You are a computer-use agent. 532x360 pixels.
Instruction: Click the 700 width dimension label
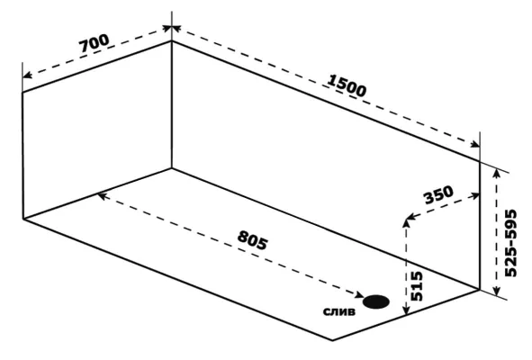(95, 43)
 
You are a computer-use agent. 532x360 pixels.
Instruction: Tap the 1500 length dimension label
(347, 85)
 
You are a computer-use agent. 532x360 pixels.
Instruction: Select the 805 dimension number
(253, 240)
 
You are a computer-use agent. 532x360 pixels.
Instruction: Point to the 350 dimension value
(438, 194)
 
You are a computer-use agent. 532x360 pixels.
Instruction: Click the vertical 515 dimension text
(417, 286)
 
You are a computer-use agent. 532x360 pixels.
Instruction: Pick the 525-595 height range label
(510, 243)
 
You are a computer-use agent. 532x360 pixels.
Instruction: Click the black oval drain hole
(376, 301)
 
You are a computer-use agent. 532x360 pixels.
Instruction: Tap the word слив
(339, 311)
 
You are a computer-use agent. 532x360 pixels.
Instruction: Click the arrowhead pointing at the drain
(359, 295)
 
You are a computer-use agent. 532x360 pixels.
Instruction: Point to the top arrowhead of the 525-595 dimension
(497, 173)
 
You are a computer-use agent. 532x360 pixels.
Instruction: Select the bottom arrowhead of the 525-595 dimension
(497, 291)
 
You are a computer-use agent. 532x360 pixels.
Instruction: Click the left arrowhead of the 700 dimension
(27, 75)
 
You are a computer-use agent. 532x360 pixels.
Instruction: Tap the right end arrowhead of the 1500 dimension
(474, 145)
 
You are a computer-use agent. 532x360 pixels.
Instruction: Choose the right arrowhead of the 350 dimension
(475, 195)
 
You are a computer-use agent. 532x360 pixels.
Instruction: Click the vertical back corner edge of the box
(172, 104)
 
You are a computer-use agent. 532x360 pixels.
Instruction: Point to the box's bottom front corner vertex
(332, 339)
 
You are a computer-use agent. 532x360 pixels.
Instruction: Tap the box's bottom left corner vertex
(23, 219)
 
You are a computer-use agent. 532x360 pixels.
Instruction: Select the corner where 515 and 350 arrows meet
(406, 219)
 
